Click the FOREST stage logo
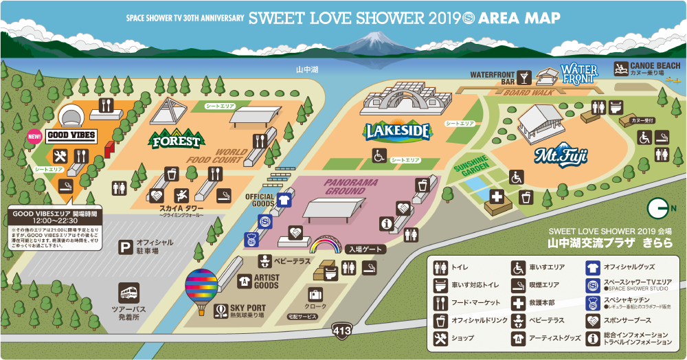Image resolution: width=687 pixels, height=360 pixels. click(x=177, y=139)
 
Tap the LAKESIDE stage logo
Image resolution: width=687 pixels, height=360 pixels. click(x=398, y=130)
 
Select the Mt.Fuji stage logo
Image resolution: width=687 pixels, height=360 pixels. click(x=561, y=156)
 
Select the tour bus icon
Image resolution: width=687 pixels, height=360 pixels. click(x=129, y=293)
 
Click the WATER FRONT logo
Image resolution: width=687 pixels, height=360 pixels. click(x=579, y=74)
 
